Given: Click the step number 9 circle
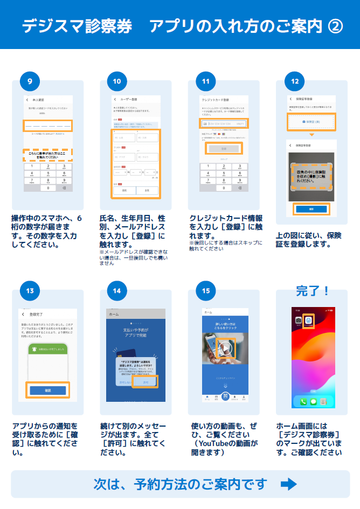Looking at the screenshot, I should [x=30, y=81].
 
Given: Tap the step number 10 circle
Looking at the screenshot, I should [x=117, y=81].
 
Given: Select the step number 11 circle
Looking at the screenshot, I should [x=205, y=81].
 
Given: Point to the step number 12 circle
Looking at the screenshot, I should [x=294, y=81].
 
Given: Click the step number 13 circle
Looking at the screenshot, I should [x=30, y=291].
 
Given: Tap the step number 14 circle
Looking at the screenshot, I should [x=117, y=291].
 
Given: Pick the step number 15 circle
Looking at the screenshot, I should [x=205, y=291].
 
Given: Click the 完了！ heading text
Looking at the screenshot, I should [x=313, y=291].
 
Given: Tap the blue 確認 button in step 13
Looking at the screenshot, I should [x=47, y=390].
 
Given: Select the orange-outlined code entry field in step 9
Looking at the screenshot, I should [x=47, y=125].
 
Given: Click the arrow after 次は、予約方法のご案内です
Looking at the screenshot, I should [x=289, y=484].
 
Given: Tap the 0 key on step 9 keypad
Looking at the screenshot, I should [x=47, y=188].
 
